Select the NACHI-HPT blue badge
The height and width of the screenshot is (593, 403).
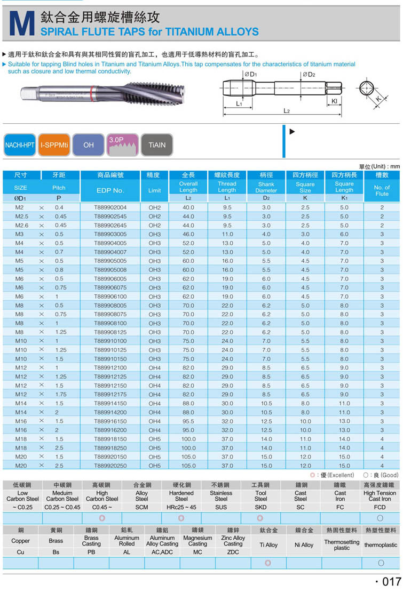click(x=19, y=145)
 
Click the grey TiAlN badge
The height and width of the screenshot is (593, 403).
click(x=156, y=145)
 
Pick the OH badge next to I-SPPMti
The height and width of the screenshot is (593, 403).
click(x=89, y=145)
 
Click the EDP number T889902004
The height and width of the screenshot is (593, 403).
click(x=110, y=207)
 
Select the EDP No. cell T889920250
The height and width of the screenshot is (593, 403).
click(x=110, y=466)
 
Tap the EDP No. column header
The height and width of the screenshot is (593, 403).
click(x=110, y=190)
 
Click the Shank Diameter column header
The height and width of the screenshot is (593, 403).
click(x=266, y=187)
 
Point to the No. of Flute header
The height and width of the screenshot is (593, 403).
click(x=382, y=190)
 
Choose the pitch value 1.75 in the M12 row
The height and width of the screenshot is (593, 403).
click(x=59, y=394)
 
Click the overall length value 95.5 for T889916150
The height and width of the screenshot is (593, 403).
click(x=188, y=421)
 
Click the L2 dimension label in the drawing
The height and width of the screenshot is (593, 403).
click(x=286, y=110)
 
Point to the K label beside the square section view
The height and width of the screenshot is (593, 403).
click(x=378, y=99)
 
